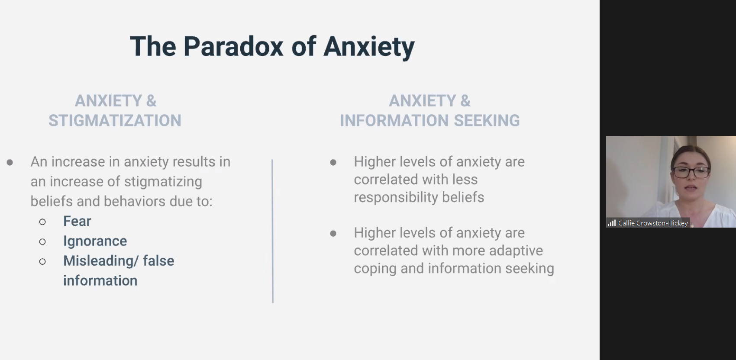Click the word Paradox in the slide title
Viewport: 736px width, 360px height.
[x=233, y=46]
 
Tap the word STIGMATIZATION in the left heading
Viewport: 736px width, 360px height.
[x=115, y=121]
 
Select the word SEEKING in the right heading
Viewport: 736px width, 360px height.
[x=487, y=121]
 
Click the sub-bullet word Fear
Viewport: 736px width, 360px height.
[x=77, y=221]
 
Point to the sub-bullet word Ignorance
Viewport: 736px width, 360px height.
[x=95, y=241]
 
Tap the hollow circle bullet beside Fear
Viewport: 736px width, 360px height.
[x=42, y=222]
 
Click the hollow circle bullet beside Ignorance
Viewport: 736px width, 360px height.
[x=42, y=242]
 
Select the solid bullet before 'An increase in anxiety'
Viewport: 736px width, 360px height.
[x=10, y=162]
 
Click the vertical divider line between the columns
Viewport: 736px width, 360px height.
[x=273, y=231]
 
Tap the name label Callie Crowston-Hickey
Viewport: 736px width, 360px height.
[x=653, y=223]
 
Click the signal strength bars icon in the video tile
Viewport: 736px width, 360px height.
[x=611, y=223]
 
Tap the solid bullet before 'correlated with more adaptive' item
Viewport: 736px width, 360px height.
[x=333, y=234]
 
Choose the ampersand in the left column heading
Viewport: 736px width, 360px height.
[x=151, y=101]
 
